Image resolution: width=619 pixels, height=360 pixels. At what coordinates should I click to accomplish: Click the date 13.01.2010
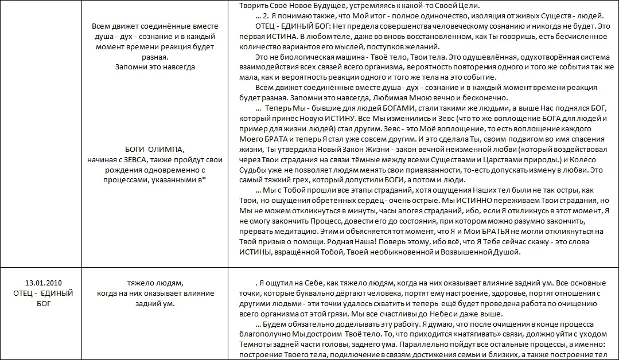point(44,283)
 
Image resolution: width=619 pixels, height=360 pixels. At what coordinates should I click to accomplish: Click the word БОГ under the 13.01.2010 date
point(44,304)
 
